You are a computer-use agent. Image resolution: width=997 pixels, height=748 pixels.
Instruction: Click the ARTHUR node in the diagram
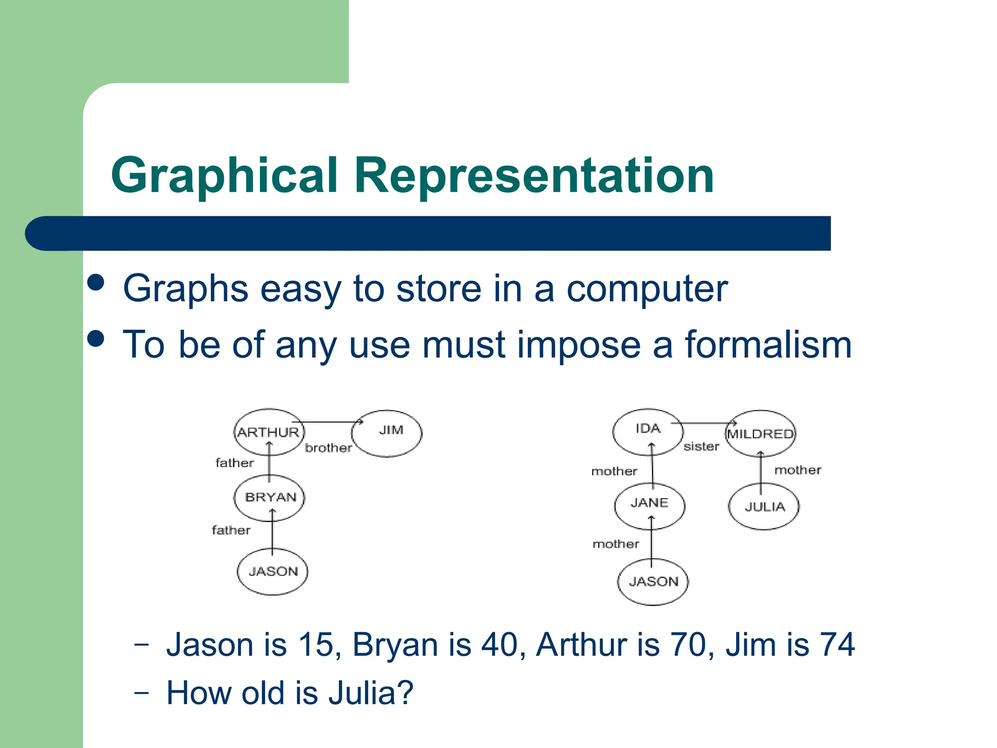[x=269, y=432]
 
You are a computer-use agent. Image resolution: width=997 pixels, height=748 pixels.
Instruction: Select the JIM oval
[x=388, y=432]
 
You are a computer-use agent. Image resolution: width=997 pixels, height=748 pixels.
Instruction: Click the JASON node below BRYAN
[x=273, y=571]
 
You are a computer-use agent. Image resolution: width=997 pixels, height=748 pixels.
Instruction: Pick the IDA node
[x=648, y=431]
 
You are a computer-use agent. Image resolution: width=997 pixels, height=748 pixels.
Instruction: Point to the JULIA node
[x=764, y=506]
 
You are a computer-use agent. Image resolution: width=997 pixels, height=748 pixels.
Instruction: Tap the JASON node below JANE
[x=653, y=581]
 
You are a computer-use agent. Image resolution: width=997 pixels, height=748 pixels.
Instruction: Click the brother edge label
[x=328, y=448]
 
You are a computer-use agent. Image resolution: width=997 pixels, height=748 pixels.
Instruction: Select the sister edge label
[x=701, y=447]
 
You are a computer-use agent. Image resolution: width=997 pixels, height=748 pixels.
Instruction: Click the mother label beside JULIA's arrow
[x=797, y=470]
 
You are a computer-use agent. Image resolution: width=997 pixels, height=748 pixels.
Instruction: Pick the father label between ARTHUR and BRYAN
[x=235, y=463]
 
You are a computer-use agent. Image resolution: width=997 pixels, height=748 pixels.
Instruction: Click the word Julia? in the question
[x=371, y=693]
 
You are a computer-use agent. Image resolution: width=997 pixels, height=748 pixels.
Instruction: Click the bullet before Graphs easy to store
[x=96, y=282]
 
